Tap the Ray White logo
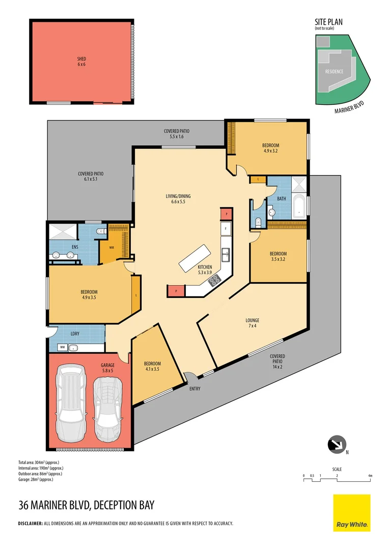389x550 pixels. coord(351,513)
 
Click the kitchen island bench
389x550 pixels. coord(194,258)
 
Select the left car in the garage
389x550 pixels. coord(71,404)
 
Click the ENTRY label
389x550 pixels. coord(194,389)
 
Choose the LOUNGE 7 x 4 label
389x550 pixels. coord(252,323)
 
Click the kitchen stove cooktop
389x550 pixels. coord(215,279)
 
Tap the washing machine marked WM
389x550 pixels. coord(63,347)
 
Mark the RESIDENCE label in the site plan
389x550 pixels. coord(334,71)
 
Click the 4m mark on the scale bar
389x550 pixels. coord(371,476)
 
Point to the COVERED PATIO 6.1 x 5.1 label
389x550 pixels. coord(88,176)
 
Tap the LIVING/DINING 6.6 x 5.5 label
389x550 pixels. coord(178,199)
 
